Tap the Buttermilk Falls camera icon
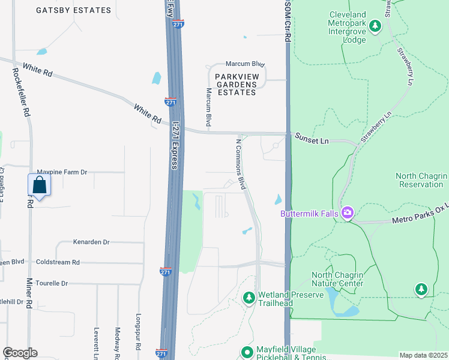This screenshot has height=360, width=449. click(347, 213)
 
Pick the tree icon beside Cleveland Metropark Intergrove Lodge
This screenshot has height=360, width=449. click(375, 25)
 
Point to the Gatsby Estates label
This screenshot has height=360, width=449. click(73, 10)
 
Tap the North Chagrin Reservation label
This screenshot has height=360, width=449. click(421, 180)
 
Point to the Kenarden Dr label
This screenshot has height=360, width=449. click(91, 242)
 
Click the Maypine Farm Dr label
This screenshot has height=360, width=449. click(62, 172)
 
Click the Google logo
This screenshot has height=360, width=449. click(20, 353)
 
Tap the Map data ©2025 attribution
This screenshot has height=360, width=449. click(423, 355)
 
